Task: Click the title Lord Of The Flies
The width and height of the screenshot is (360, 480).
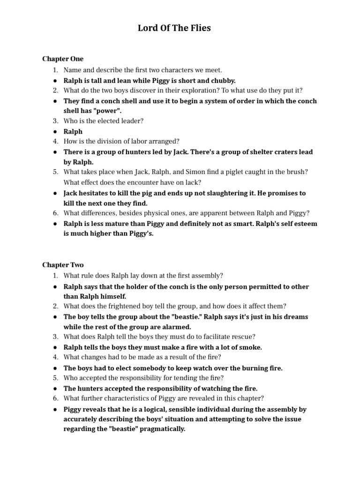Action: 174,28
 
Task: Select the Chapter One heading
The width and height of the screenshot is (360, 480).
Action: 63,59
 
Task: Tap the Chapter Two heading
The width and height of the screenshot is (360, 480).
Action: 63,265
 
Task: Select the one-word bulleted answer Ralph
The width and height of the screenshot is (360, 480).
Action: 73,132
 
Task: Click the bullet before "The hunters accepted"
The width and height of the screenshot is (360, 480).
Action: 55,389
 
